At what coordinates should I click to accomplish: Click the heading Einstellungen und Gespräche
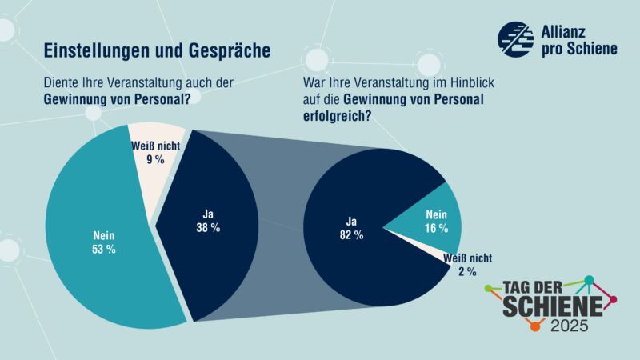tap(156, 50)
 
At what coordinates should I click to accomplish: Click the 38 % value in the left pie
tap(208, 227)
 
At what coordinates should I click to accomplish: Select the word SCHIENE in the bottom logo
tap(551, 306)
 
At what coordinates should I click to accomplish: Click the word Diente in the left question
tap(63, 82)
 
